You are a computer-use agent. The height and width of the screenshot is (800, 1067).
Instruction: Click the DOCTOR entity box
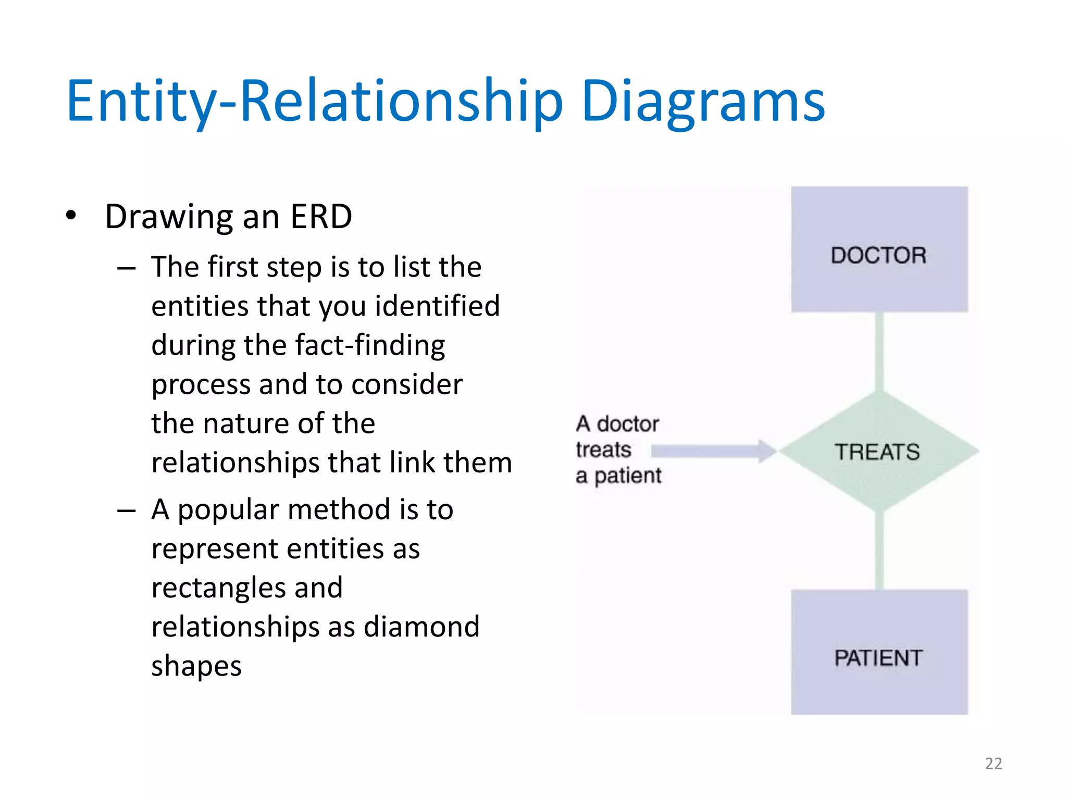click(879, 249)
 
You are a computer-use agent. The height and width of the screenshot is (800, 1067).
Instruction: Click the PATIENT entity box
click(879, 652)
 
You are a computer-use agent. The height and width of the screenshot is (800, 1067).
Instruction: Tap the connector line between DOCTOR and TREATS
click(879, 352)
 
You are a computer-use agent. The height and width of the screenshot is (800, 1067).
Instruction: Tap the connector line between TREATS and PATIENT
click(879, 550)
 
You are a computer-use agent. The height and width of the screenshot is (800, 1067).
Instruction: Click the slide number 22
click(993, 764)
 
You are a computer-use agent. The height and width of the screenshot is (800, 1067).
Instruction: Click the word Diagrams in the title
click(703, 102)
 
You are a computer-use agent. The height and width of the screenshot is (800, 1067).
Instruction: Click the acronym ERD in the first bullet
click(321, 217)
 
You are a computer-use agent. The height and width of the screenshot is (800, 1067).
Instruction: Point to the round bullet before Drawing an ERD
click(71, 215)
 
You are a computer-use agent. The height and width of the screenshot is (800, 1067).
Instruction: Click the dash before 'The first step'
click(127, 269)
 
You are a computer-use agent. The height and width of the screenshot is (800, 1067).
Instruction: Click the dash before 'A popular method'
click(127, 511)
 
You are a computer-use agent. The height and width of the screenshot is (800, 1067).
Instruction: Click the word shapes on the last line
click(196, 666)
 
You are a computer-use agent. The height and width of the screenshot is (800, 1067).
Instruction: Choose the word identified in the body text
click(437, 306)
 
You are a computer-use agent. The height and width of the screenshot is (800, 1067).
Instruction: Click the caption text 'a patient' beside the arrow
click(618, 476)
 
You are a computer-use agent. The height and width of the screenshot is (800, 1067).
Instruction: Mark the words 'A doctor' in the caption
click(617, 424)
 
